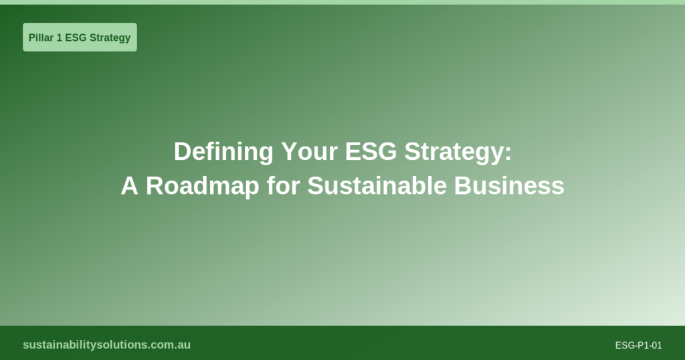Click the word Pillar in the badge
click(41, 37)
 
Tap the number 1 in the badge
click(59, 37)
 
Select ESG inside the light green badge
click(76, 37)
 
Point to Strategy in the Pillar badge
click(110, 37)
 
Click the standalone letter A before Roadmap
click(129, 186)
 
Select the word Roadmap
click(203, 186)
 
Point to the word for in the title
click(283, 186)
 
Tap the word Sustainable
click(377, 186)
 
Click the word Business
click(509, 186)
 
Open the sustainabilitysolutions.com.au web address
click(106, 345)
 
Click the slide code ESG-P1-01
click(638, 345)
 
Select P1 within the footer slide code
click(640, 345)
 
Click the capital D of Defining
click(181, 152)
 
